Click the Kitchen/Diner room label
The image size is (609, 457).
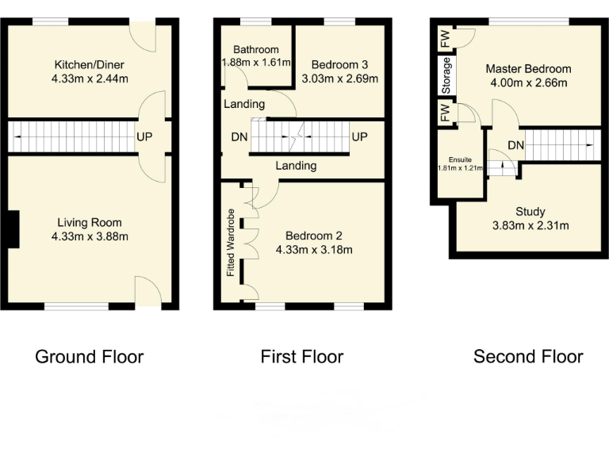(x=90, y=64)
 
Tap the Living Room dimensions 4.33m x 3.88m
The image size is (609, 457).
(x=90, y=236)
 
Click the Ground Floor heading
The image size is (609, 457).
(x=89, y=357)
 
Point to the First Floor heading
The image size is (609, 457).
(x=302, y=357)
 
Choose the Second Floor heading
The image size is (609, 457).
(x=528, y=357)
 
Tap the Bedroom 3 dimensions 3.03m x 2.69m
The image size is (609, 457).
(x=344, y=79)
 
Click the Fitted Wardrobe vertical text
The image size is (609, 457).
(x=231, y=243)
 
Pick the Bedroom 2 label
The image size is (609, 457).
(x=314, y=236)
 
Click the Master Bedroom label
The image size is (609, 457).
(x=528, y=69)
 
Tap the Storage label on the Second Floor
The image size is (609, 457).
(x=446, y=76)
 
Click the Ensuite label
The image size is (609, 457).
(x=461, y=159)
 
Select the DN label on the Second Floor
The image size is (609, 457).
(x=516, y=145)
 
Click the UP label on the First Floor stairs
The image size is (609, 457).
(x=359, y=137)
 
